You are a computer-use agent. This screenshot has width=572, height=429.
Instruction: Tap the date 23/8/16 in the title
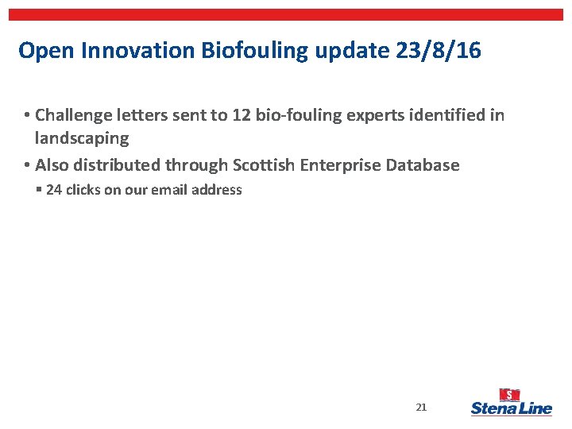[x=438, y=51]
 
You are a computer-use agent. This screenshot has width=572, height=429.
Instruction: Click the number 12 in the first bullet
[x=242, y=116]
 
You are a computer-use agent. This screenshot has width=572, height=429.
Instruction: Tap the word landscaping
[x=82, y=138]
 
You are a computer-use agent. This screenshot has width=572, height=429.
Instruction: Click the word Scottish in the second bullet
[x=264, y=165]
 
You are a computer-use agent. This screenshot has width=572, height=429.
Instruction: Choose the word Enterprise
[x=341, y=165]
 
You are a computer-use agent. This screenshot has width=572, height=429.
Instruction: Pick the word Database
[x=423, y=165]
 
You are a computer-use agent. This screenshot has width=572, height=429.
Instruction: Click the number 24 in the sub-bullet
[x=54, y=190]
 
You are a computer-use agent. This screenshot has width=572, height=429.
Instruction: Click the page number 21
[x=421, y=408]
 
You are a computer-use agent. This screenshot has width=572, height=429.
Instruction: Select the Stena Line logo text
[x=511, y=409]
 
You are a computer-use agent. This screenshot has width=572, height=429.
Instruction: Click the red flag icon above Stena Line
[x=509, y=395]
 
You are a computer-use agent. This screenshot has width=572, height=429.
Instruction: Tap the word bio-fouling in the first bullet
[x=297, y=116]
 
